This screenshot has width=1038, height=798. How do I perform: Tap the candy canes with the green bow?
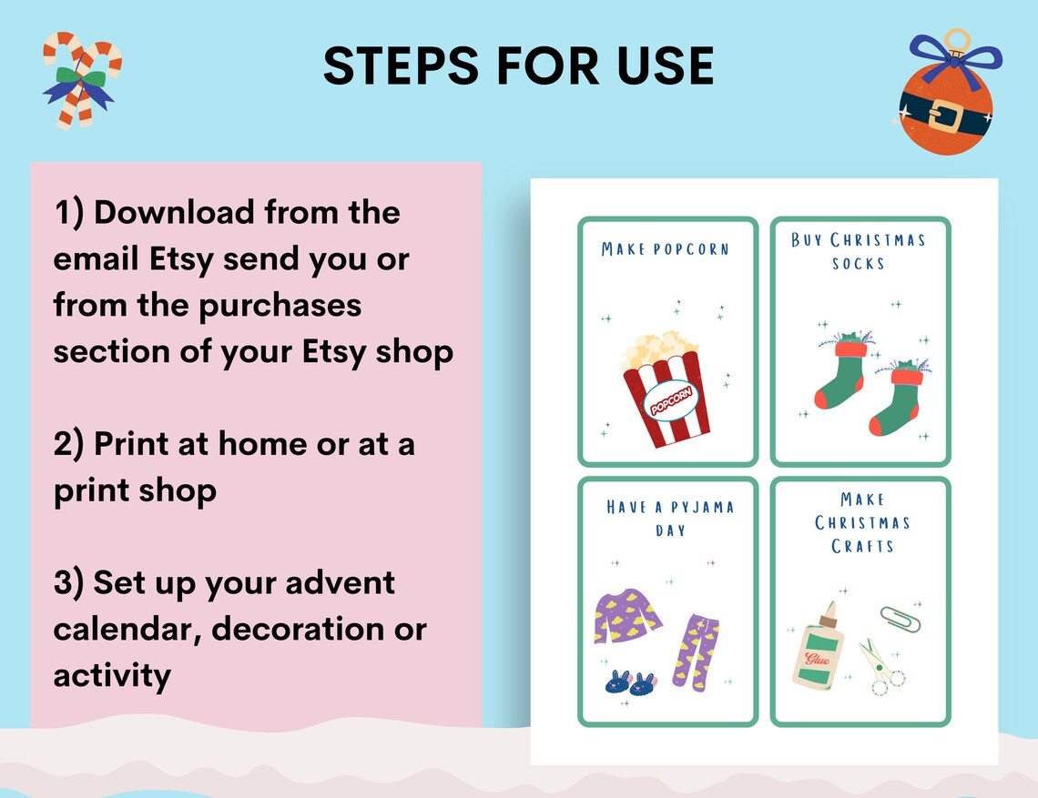pyautogui.click(x=82, y=80)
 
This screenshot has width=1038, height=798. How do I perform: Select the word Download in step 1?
pyautogui.click(x=174, y=213)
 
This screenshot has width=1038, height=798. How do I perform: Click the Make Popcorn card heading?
pyautogui.click(x=666, y=248)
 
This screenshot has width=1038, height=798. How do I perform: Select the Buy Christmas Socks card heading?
pyautogui.click(x=858, y=251)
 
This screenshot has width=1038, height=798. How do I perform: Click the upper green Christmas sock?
pyautogui.click(x=840, y=374)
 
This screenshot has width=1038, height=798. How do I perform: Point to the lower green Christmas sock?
pyautogui.click(x=896, y=399)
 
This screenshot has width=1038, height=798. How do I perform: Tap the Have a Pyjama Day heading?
pyautogui.click(x=670, y=518)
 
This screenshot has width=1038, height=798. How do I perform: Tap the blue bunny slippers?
pyautogui.click(x=630, y=683)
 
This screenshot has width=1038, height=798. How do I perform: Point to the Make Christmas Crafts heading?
pyautogui.click(x=862, y=522)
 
